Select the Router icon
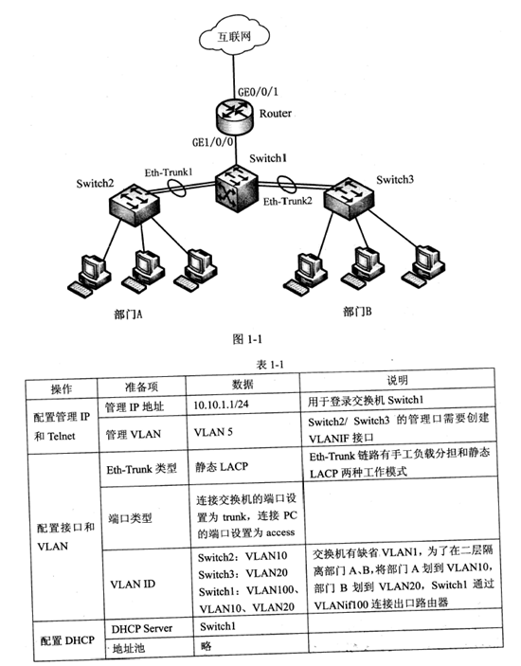click(x=230, y=114)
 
